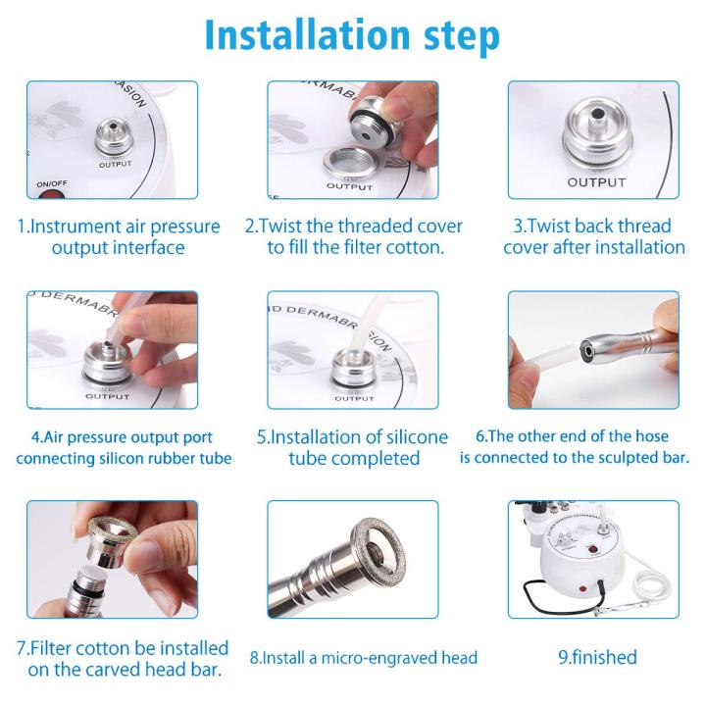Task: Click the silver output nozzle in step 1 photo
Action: click(x=114, y=137)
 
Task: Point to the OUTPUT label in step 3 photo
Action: click(x=595, y=182)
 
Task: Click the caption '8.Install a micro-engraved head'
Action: click(x=363, y=657)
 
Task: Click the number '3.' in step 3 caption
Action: click(x=522, y=227)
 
